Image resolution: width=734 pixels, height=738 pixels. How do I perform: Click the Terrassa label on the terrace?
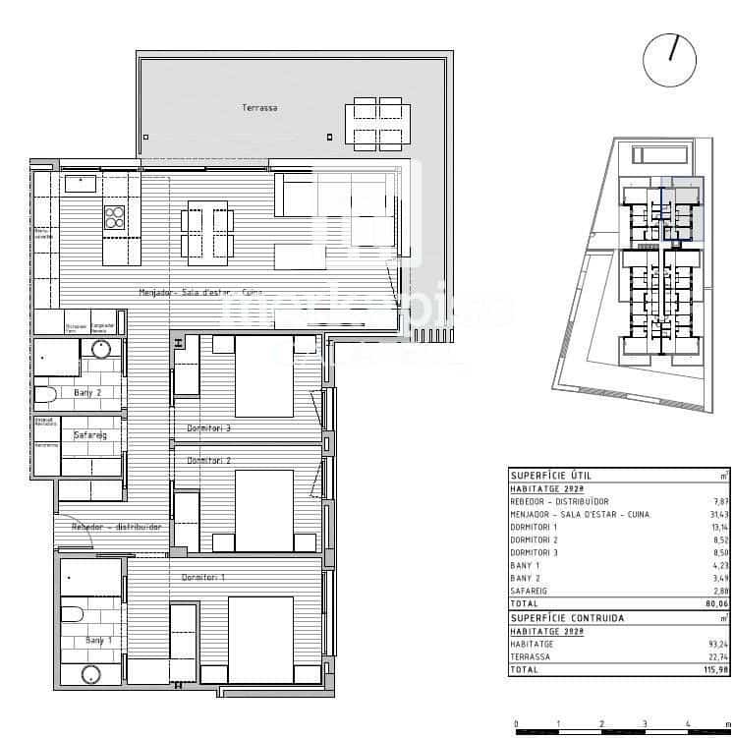(x=259, y=108)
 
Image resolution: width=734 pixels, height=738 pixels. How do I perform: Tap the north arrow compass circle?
(x=669, y=59)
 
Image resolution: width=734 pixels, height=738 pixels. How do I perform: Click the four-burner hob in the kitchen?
(x=115, y=216)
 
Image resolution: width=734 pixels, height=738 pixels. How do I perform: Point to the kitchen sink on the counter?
(x=80, y=183)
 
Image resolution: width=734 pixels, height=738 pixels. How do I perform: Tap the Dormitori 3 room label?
(x=208, y=427)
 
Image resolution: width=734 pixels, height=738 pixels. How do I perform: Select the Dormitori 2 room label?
(x=208, y=460)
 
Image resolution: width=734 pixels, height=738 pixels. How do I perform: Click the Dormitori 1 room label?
(x=202, y=577)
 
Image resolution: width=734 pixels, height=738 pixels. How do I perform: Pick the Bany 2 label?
(x=88, y=393)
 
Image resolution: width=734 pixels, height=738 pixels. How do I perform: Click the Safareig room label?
(x=89, y=434)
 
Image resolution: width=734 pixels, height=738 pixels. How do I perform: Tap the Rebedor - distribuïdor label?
(x=116, y=528)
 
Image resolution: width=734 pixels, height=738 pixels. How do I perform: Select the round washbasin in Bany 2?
(x=101, y=349)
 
